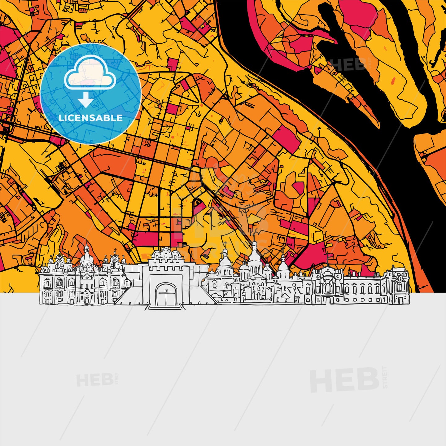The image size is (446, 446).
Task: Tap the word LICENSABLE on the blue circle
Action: coord(90,118)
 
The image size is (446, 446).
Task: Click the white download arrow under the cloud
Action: coord(86,100)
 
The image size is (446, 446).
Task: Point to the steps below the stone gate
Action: coord(164,307)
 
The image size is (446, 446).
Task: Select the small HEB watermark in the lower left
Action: coord(95,380)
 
